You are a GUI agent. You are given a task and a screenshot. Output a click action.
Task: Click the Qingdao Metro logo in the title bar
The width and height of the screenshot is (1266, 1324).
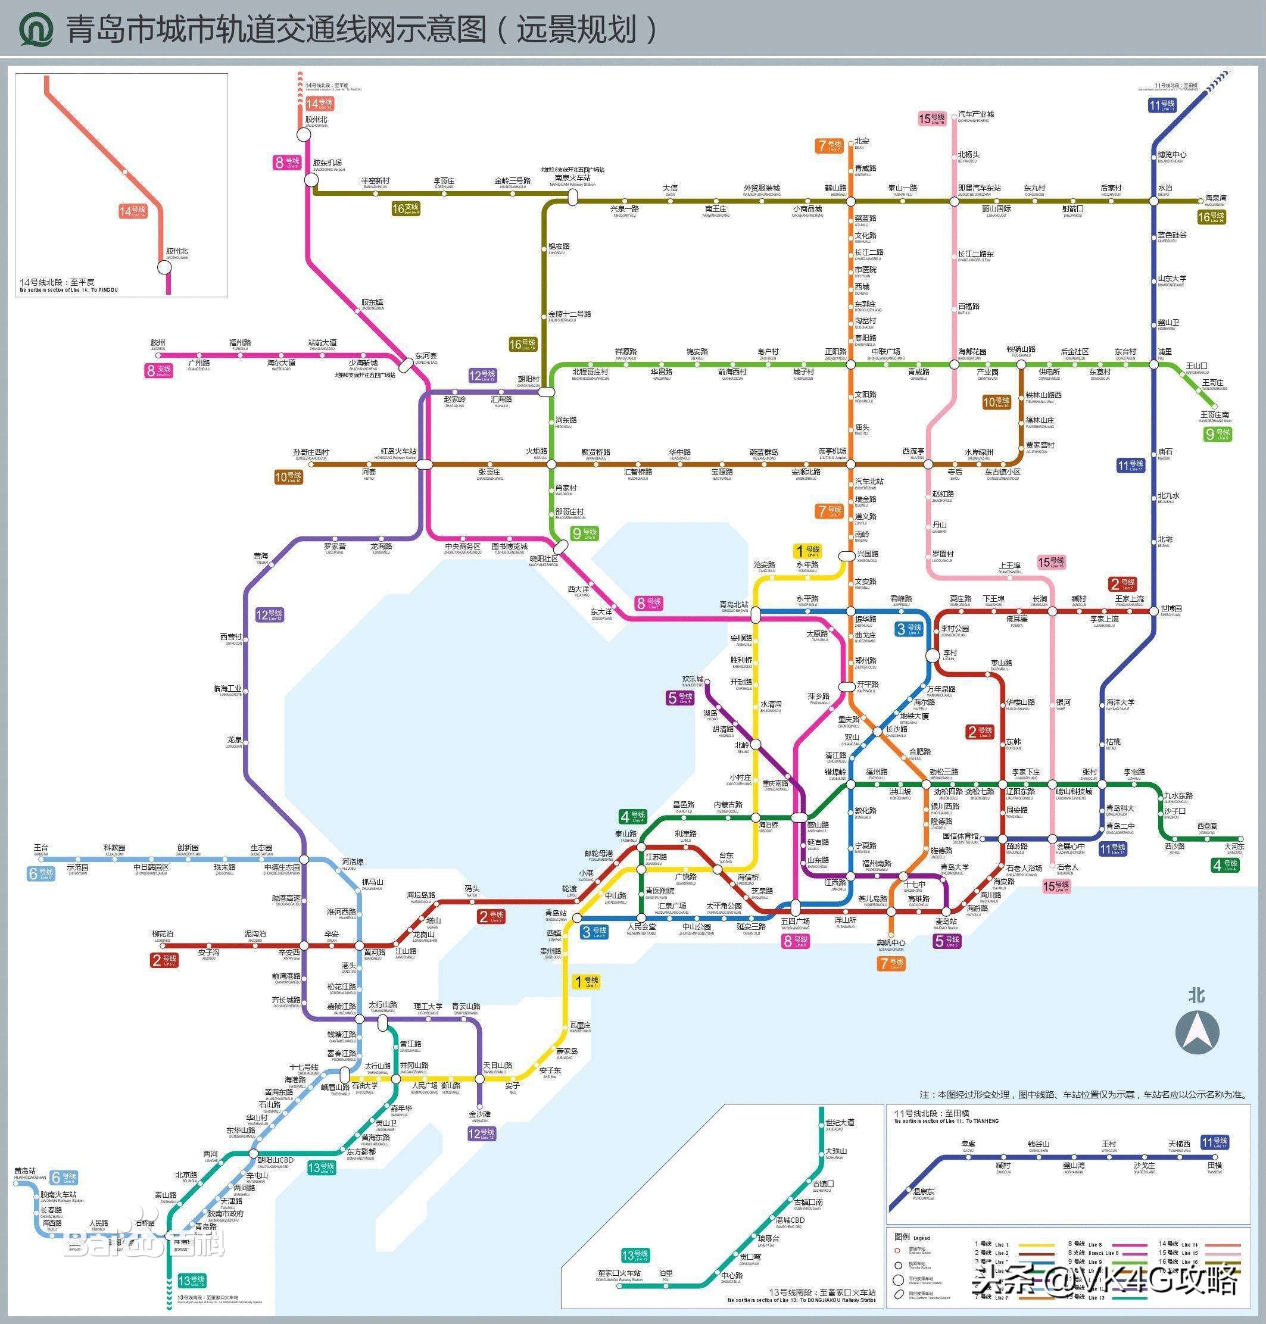point(36,30)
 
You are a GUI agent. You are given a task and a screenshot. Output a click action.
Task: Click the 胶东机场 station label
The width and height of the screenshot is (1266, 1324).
point(328,163)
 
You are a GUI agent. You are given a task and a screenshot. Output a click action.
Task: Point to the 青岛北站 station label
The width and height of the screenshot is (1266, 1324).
point(734,605)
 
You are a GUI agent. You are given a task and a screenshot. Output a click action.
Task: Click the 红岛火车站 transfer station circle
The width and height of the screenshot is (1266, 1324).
point(424,464)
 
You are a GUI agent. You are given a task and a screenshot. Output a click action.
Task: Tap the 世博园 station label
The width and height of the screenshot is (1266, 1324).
point(1171,608)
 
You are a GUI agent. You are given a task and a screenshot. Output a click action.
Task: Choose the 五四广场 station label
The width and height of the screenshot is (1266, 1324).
point(795,920)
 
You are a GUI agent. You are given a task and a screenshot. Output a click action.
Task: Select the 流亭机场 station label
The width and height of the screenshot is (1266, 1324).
point(831,451)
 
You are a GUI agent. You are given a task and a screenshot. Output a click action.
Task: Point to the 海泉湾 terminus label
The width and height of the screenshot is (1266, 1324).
point(1216,199)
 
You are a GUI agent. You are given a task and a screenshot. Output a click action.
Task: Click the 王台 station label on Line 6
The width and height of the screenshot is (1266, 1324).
point(40,848)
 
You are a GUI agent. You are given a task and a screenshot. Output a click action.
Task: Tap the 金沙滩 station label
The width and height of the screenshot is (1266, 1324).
point(479,1113)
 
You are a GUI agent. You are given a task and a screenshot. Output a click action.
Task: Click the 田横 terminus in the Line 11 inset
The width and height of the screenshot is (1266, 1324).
point(1214,1166)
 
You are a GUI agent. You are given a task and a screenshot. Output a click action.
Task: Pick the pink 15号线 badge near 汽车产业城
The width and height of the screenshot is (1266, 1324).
point(932,119)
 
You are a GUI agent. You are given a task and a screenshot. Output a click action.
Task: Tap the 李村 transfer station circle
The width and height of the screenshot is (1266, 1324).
point(932,655)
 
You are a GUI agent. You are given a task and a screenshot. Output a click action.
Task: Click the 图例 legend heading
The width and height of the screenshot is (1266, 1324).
point(902,1236)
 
